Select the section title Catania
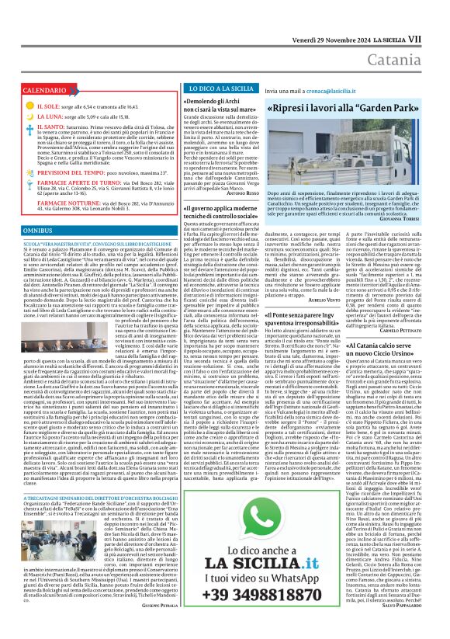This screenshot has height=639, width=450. pyautogui.click(x=410, y=36)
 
